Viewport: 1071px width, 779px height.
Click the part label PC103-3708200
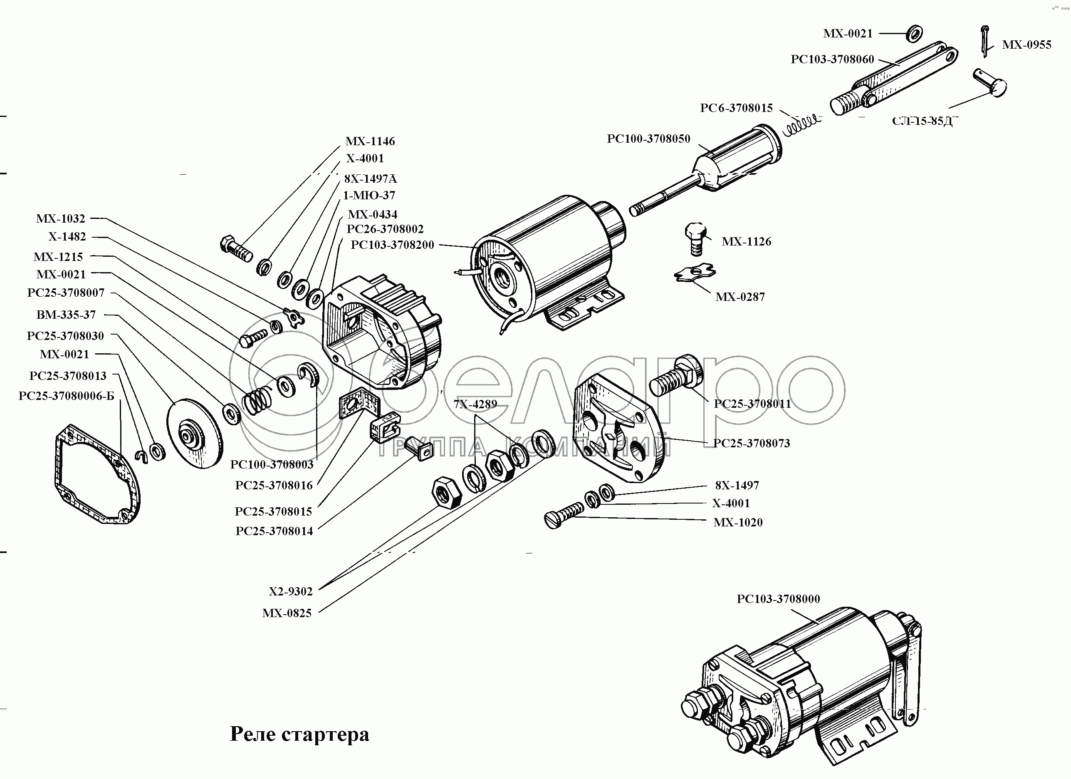click(392, 245)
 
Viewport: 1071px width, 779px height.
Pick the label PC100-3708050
click(648, 139)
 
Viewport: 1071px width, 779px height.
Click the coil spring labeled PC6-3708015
click(801, 124)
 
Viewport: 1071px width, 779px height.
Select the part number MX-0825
click(287, 613)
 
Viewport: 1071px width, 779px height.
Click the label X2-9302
click(291, 591)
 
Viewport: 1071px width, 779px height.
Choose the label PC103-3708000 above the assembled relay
click(778, 598)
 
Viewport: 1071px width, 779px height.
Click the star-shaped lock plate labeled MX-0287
click(694, 273)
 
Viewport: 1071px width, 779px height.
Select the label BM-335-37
click(66, 315)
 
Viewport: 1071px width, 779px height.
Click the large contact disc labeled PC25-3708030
click(195, 434)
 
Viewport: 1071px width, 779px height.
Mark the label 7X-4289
click(475, 404)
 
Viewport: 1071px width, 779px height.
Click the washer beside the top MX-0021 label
click(914, 33)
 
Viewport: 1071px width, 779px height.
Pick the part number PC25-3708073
click(751, 443)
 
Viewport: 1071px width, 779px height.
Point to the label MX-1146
click(370, 141)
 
